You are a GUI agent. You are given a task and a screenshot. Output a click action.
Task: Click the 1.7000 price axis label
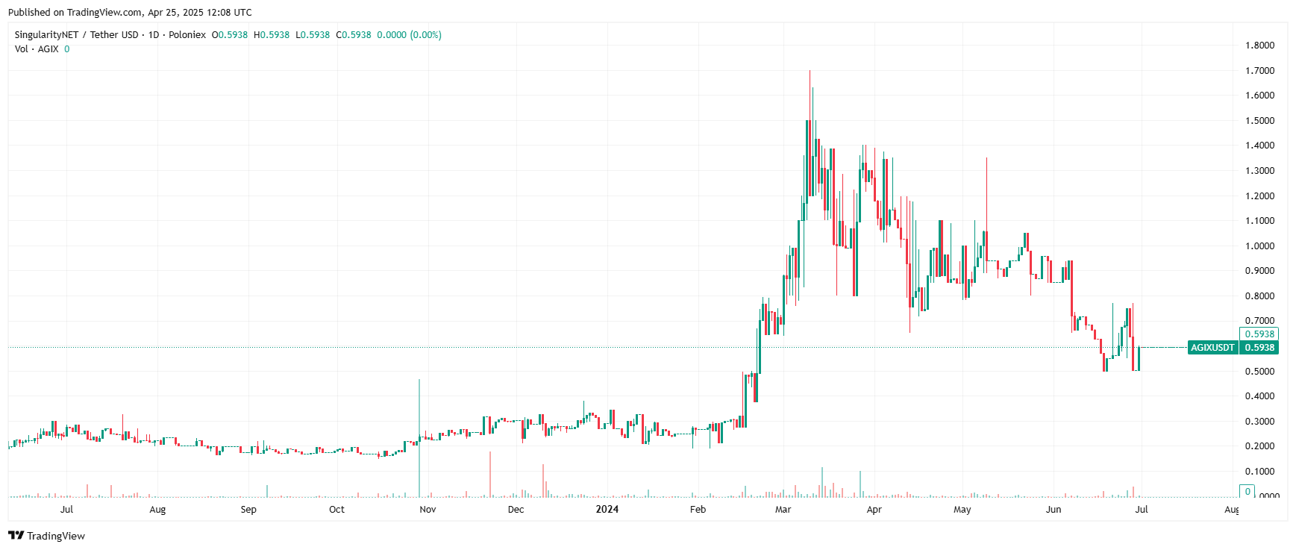[1259, 71]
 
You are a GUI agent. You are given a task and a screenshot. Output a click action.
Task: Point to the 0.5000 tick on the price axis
[1259, 372]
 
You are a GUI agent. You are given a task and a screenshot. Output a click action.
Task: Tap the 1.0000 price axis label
[1259, 246]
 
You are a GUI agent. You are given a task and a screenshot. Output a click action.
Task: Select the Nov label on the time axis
[428, 510]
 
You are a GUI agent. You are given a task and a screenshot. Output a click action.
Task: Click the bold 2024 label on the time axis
[607, 510]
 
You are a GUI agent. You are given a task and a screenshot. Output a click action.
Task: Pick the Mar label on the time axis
[783, 510]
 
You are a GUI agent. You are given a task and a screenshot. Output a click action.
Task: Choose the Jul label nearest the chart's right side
[1141, 510]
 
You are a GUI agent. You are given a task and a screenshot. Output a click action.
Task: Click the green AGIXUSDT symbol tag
[1212, 348]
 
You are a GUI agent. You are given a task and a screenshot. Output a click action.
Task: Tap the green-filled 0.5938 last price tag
[1259, 348]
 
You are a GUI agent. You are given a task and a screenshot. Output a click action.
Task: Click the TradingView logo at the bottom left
[47, 536]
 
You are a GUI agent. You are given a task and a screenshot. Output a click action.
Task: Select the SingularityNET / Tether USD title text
[76, 35]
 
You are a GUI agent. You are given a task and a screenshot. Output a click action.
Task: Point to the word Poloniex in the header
[187, 35]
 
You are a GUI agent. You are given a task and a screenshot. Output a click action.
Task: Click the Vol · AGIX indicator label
[37, 49]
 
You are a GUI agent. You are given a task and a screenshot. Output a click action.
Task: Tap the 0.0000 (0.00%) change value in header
[409, 35]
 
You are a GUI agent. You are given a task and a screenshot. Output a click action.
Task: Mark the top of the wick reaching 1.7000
[810, 72]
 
